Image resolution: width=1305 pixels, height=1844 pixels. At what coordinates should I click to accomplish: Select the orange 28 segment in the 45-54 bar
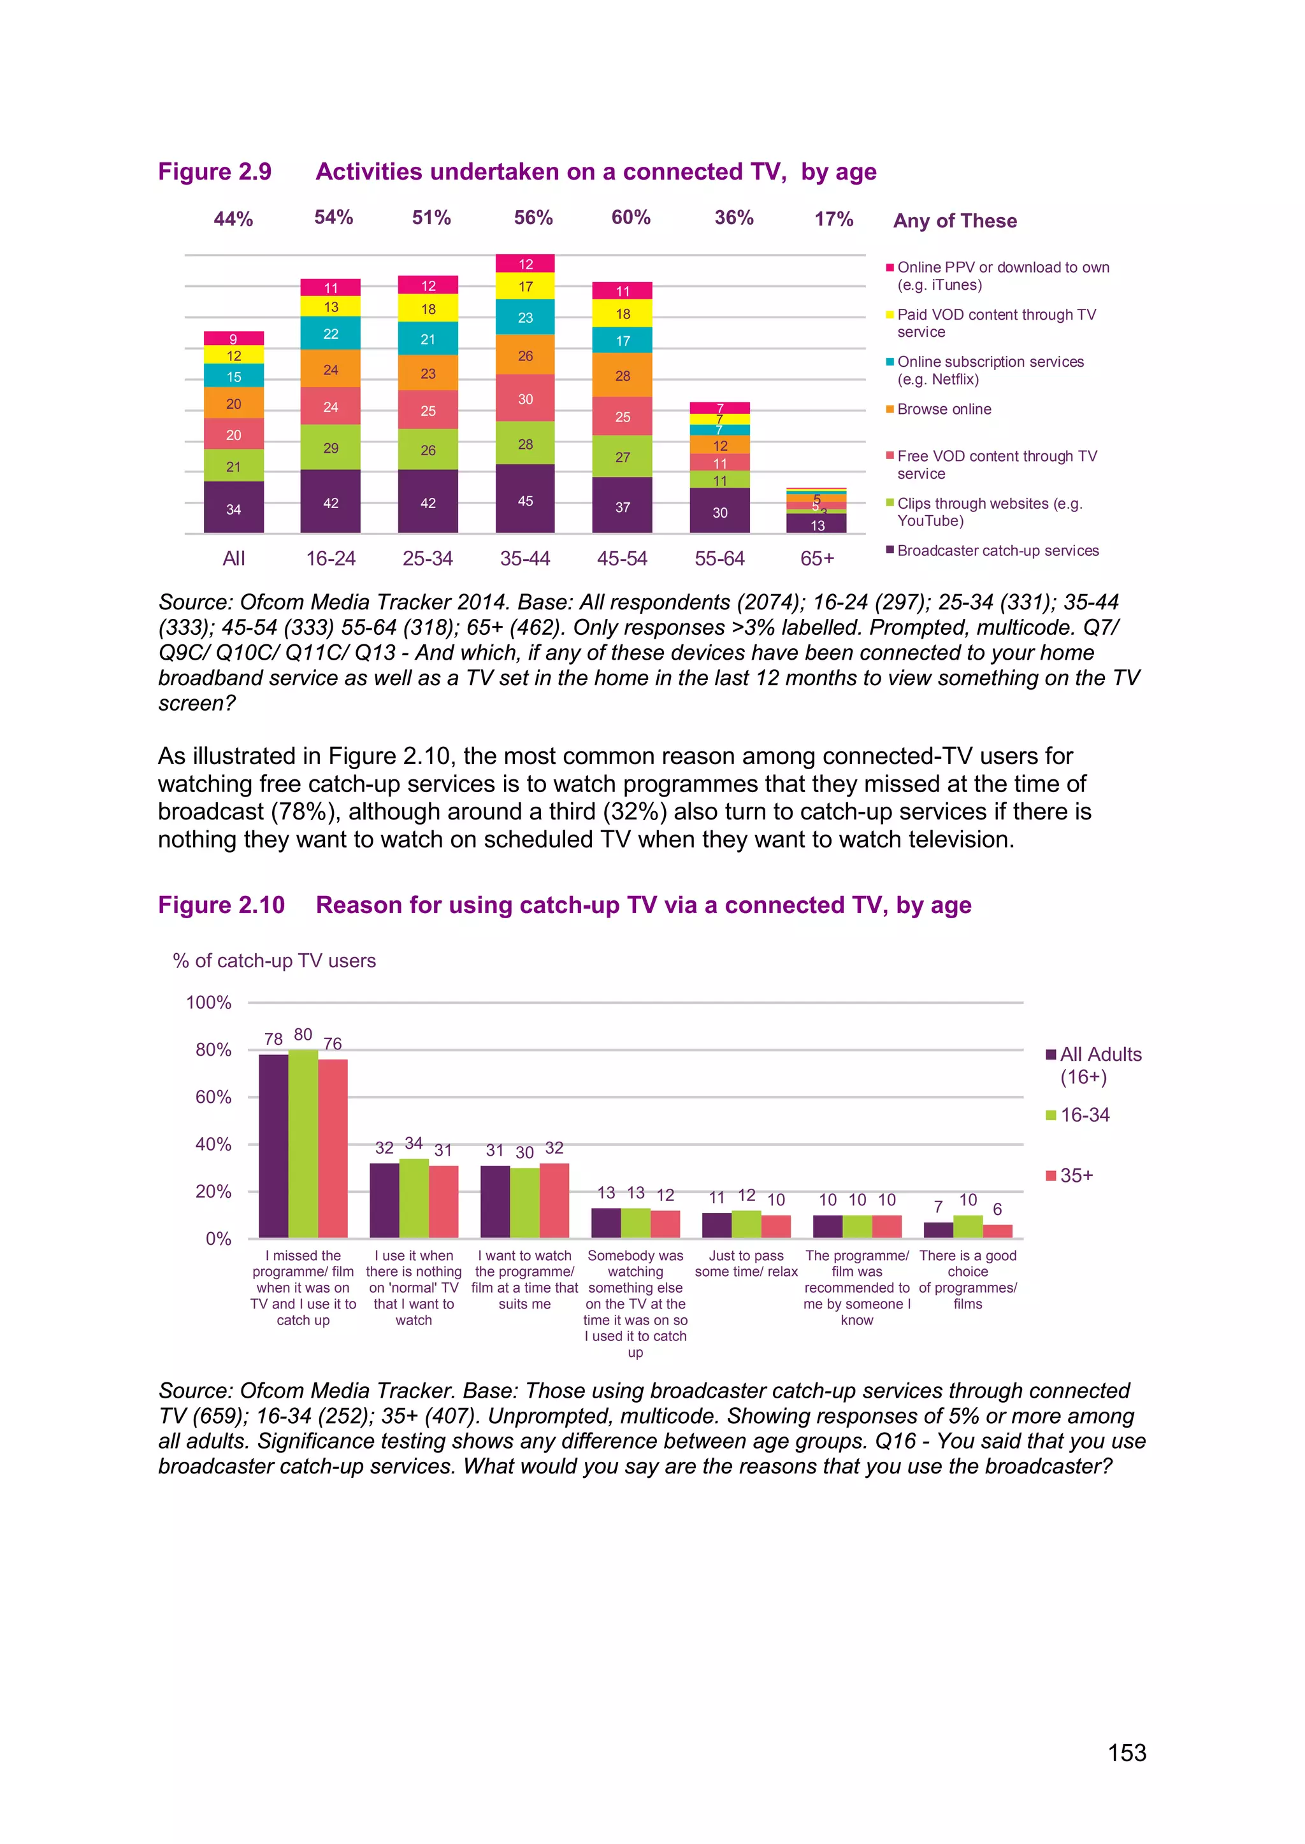[622, 375]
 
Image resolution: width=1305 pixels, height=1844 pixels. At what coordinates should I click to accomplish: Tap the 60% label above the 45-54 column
[631, 217]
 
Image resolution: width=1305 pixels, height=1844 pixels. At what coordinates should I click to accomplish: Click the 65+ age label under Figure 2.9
[818, 558]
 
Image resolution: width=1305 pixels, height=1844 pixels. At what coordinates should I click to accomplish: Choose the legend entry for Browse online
[944, 409]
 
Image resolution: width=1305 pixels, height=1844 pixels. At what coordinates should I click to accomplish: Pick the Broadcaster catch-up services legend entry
[997, 550]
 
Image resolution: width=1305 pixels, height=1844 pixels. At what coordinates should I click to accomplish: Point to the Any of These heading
[955, 221]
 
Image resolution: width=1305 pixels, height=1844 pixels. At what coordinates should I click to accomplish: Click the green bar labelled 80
[303, 1144]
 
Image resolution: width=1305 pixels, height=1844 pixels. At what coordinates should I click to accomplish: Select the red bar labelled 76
[333, 1149]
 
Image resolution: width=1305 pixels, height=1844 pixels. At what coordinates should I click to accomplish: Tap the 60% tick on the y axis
[213, 1097]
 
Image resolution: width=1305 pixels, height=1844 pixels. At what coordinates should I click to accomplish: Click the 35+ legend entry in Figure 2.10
[1076, 1176]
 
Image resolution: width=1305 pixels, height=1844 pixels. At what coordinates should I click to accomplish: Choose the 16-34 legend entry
[1084, 1115]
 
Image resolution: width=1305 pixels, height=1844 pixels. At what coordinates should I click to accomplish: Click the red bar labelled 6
[997, 1231]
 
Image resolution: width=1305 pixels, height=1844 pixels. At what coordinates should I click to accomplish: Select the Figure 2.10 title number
[221, 905]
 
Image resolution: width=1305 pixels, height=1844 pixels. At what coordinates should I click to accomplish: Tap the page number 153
[1127, 1752]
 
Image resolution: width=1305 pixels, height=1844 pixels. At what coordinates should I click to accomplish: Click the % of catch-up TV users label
[274, 961]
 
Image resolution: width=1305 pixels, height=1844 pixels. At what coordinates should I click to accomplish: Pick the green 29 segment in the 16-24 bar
[330, 448]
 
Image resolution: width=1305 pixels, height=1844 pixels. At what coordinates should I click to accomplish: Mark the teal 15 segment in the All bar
[234, 376]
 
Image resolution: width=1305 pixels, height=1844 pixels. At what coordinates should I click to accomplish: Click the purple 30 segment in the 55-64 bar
[719, 511]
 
